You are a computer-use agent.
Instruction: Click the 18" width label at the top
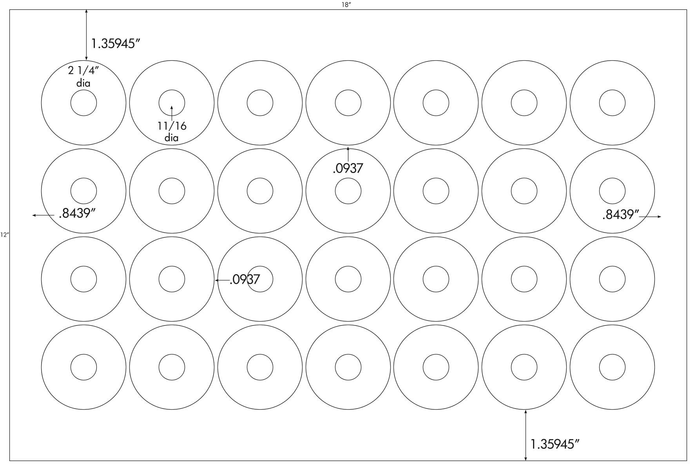[345, 4]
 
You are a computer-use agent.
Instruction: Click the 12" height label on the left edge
[4, 235]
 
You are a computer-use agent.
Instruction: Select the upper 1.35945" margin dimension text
[115, 43]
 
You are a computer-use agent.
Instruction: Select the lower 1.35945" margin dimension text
[555, 444]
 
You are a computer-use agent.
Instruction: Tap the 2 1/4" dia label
[83, 77]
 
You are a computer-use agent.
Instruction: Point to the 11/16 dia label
[172, 132]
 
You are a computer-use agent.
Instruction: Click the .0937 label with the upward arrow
[348, 168]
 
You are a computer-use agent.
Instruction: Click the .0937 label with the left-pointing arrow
[245, 279]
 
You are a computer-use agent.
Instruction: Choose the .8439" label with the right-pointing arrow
[621, 215]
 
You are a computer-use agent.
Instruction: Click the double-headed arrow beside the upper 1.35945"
[86, 35]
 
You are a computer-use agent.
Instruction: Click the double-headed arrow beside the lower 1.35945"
[525, 435]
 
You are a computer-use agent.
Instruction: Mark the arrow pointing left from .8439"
[43, 215]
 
